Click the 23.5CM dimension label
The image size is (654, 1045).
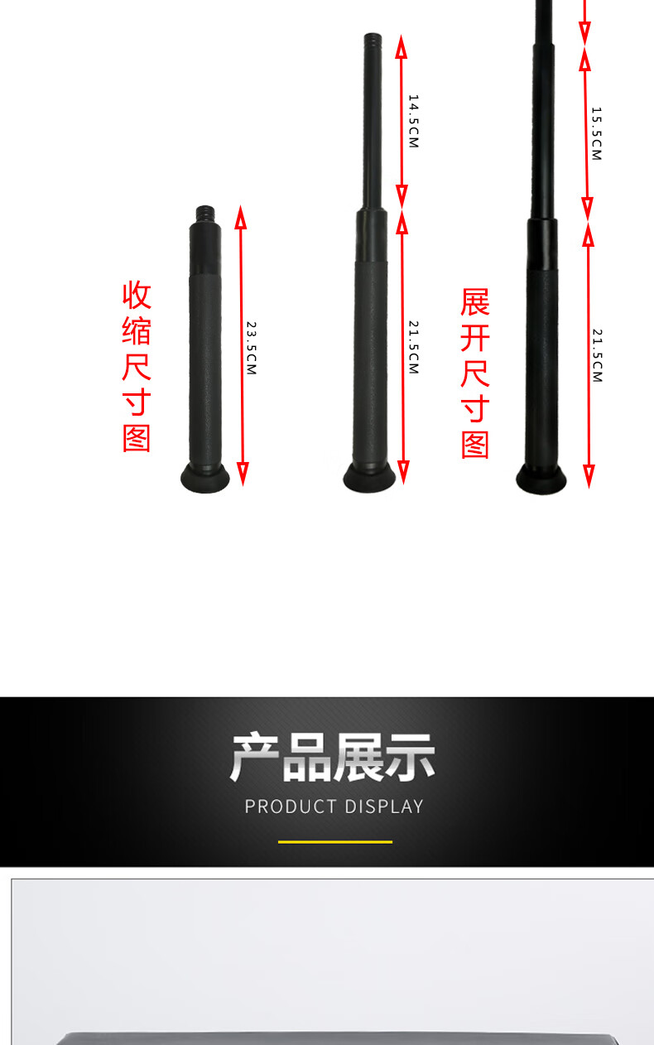[252, 348]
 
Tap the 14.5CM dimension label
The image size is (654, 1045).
[414, 121]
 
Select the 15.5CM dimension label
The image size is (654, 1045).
[597, 134]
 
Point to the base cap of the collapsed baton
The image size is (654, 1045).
[204, 478]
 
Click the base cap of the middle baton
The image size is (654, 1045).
[369, 477]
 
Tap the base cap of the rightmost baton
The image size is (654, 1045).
[541, 479]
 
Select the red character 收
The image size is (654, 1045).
[137, 295]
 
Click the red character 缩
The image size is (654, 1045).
[137, 331]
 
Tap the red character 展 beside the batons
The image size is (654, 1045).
[475, 302]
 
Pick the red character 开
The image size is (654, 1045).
[475, 338]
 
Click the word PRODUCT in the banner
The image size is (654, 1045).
[291, 807]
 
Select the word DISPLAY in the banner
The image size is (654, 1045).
[384, 807]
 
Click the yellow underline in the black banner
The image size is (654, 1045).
[335, 842]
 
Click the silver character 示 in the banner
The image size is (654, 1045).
[410, 757]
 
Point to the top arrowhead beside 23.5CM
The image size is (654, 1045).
[240, 217]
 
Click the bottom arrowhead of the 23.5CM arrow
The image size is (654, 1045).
[243, 474]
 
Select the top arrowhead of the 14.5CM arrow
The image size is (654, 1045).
[402, 46]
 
